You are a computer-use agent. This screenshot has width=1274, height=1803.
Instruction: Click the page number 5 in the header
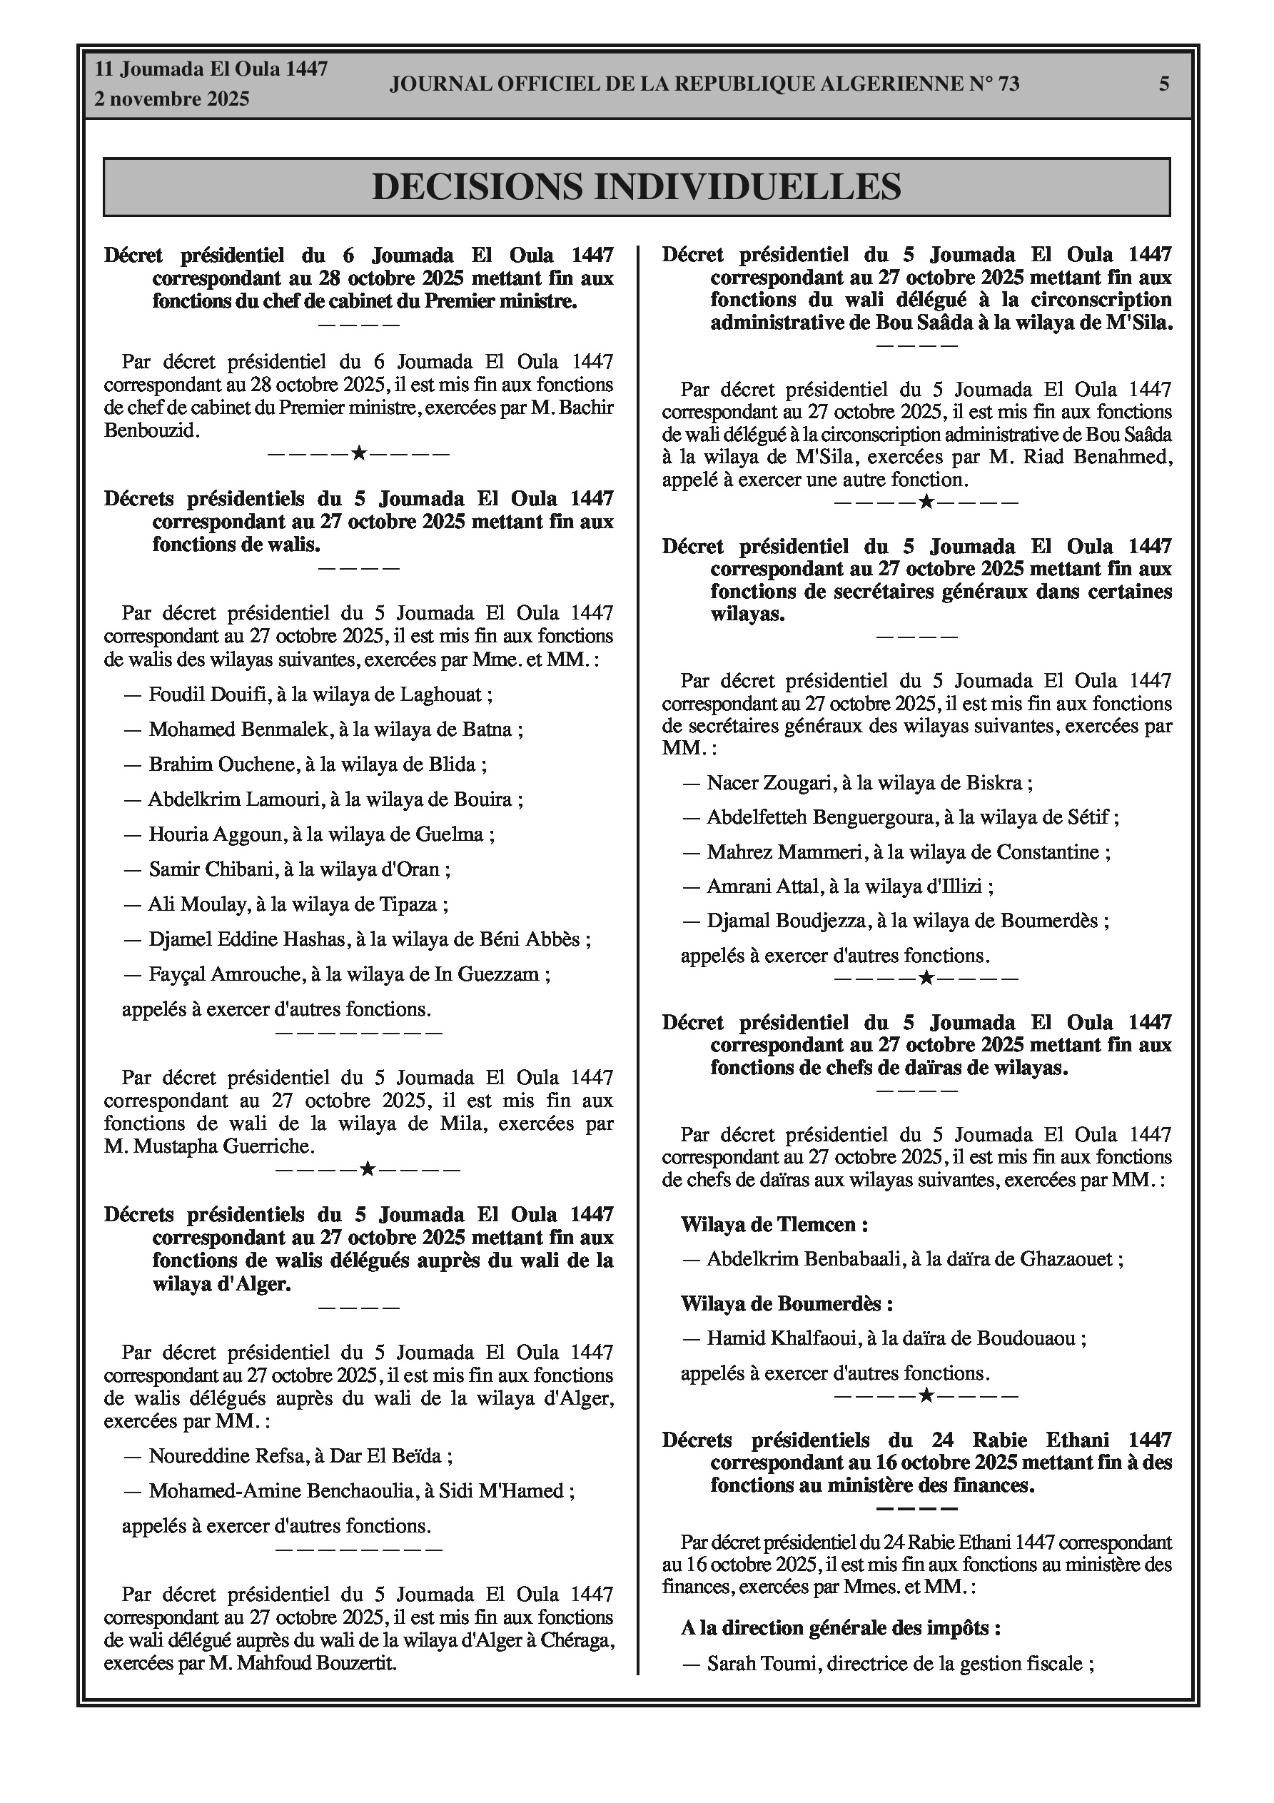1163,84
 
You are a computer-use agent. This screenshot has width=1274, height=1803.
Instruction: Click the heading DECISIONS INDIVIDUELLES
636,187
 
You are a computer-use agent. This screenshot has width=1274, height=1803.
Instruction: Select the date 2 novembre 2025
172,99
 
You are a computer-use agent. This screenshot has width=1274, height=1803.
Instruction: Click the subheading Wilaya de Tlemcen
774,1224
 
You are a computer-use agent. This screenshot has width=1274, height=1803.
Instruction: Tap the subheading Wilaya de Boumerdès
787,1303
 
